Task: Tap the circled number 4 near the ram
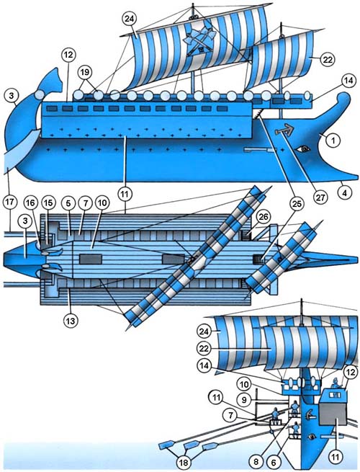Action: coord(345,192)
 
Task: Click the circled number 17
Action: coord(9,202)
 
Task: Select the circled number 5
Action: coord(68,203)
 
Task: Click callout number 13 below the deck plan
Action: coord(71,321)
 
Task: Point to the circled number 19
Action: coord(85,73)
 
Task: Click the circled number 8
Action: coord(256,461)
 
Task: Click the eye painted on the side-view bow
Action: coord(303,148)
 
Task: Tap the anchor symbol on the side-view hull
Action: coord(283,130)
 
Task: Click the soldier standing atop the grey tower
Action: coord(335,383)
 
